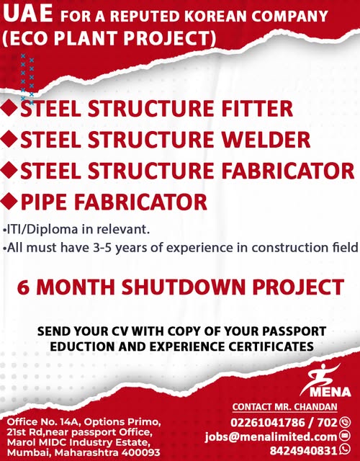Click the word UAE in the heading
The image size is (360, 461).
(x=28, y=14)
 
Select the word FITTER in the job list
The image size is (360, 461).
(x=257, y=109)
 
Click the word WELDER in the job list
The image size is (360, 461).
(x=266, y=140)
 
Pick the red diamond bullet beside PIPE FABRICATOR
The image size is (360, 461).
(x=9, y=202)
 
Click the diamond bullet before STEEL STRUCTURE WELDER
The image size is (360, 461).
(x=9, y=139)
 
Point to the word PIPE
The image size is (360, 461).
(x=44, y=202)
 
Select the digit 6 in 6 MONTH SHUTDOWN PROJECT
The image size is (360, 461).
(x=24, y=287)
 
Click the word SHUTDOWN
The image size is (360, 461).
(x=184, y=287)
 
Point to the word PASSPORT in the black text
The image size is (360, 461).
(x=294, y=331)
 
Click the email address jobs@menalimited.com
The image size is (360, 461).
(x=271, y=437)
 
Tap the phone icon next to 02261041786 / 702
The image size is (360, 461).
(x=345, y=423)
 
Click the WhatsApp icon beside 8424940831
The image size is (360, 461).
(x=345, y=449)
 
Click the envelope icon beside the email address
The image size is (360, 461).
(x=345, y=435)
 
